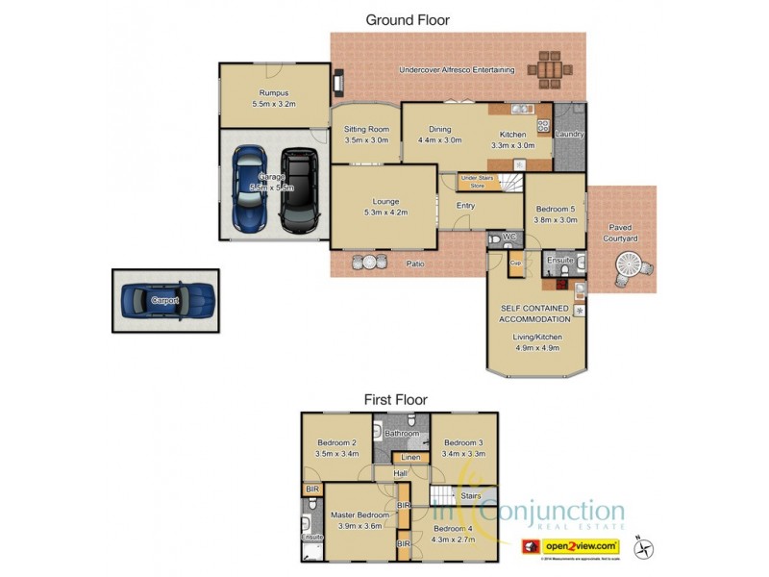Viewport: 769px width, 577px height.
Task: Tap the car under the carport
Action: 165,300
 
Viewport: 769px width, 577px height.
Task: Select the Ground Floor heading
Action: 408,19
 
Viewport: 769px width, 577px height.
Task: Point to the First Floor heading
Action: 395,399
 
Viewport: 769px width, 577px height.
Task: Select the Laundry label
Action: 569,134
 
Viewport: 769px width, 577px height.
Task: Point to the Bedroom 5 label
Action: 555,213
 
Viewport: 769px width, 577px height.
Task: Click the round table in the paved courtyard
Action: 632,265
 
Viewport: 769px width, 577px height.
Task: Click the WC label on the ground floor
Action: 509,237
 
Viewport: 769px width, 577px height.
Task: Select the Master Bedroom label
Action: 360,520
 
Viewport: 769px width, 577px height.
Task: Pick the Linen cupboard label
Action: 409,457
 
